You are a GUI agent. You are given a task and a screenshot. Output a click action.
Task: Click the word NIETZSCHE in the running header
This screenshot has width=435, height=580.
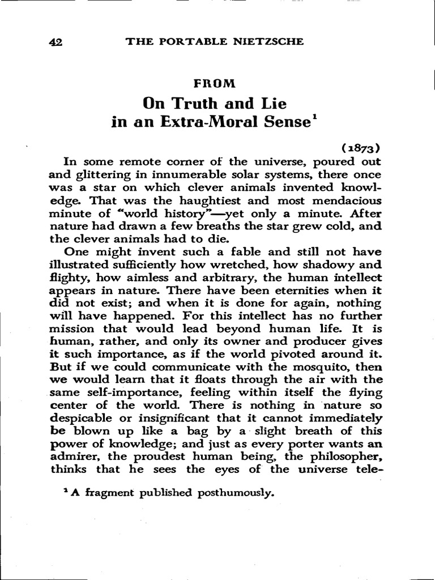(x=270, y=41)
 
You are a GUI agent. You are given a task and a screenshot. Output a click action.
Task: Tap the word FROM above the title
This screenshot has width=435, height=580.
(x=214, y=83)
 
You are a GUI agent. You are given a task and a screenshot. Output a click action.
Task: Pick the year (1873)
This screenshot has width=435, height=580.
(x=361, y=149)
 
